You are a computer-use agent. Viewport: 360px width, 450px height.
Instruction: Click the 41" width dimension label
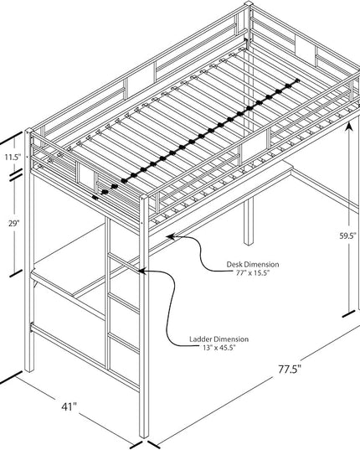(69, 406)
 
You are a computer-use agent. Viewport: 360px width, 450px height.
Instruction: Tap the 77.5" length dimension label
(290, 369)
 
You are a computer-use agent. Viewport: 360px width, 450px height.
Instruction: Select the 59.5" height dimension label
(347, 236)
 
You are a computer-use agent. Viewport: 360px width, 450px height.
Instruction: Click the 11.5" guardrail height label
(13, 157)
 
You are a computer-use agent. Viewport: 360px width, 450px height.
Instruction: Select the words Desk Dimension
(253, 264)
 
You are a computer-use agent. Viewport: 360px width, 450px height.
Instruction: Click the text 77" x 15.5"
(253, 273)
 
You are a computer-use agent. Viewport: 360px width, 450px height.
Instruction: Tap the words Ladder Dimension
(219, 339)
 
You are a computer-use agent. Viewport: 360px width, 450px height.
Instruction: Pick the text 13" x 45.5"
(219, 348)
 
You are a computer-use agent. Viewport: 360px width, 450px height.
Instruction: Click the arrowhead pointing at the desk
(171, 237)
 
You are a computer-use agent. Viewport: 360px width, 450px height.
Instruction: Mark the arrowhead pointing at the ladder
(141, 271)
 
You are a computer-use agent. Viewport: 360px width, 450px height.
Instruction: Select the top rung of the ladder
(124, 262)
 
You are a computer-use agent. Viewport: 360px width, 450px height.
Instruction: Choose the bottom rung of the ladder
(124, 343)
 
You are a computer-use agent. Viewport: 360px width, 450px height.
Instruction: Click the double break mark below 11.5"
(17, 175)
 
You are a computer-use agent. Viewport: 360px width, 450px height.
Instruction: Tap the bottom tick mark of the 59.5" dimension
(348, 314)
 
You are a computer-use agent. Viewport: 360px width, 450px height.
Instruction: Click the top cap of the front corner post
(144, 198)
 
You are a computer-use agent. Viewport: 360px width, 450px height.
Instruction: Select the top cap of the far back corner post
(249, 3)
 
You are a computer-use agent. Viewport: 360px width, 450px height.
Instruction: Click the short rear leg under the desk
(249, 221)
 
